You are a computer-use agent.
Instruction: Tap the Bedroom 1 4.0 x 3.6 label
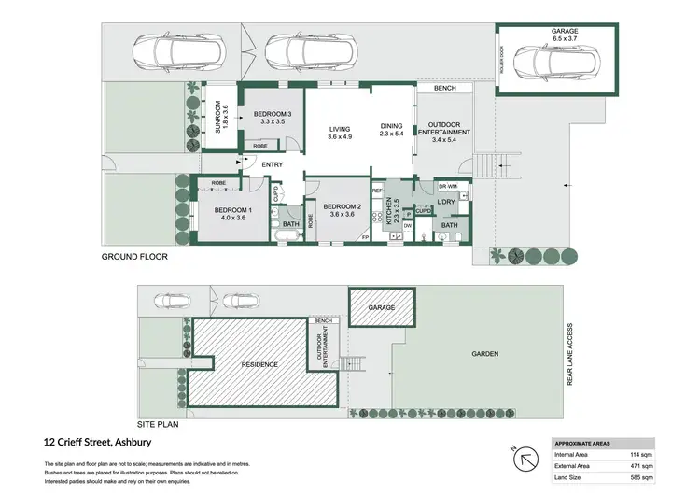click(x=228, y=213)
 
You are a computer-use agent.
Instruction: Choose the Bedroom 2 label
click(x=342, y=210)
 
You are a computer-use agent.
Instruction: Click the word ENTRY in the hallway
click(x=272, y=165)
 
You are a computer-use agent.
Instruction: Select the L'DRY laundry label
click(x=445, y=204)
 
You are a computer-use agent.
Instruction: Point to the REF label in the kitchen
click(x=378, y=191)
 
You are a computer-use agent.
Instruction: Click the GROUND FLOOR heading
click(x=134, y=255)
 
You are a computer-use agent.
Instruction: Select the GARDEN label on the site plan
click(x=484, y=354)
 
